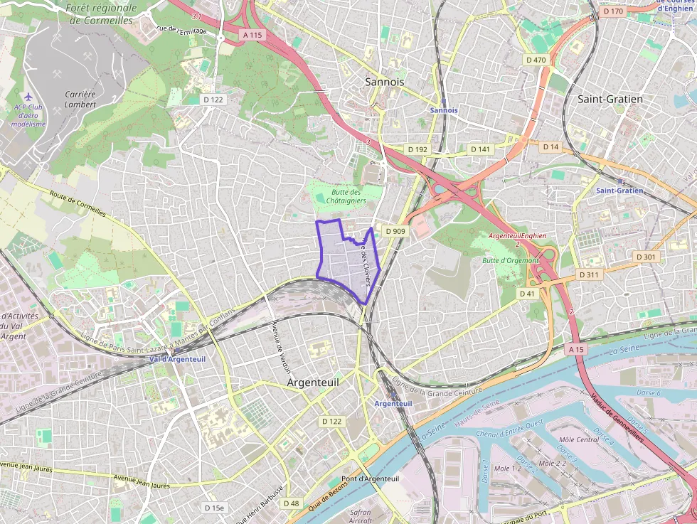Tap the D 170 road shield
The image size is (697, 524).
[x=612, y=11]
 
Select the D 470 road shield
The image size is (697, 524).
[x=536, y=60]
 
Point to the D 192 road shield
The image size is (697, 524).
[x=417, y=149]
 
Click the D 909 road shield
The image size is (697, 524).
[x=395, y=231]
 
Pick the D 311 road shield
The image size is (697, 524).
[x=589, y=274]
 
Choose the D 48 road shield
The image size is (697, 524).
[x=291, y=503]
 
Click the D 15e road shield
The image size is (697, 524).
[x=213, y=508]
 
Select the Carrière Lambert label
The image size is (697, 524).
[x=80, y=99]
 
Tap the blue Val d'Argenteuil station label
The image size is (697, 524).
[x=177, y=359]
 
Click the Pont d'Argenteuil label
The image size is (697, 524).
[x=370, y=478]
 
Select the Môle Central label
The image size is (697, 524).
[x=580, y=440]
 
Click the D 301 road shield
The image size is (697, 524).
[x=647, y=257]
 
